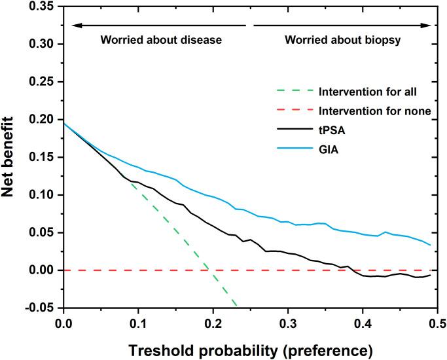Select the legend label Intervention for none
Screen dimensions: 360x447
tap(374, 111)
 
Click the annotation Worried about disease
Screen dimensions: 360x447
tap(161, 40)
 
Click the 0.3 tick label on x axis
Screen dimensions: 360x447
tap(287, 322)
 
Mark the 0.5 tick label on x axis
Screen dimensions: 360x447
tap(437, 322)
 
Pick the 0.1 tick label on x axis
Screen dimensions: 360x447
tap(137, 322)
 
